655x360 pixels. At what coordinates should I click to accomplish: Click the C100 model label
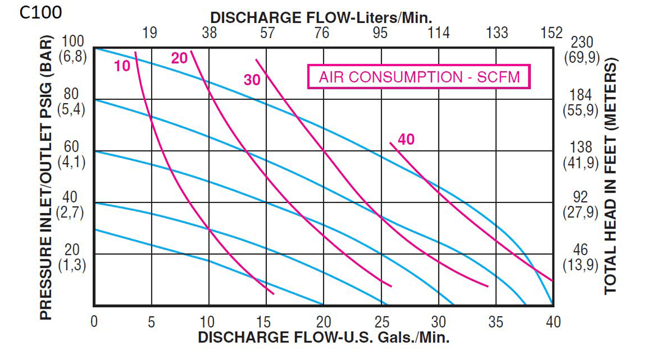pos(40,13)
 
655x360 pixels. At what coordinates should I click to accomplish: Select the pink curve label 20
pos(179,58)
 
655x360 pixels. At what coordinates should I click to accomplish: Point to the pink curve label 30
pos(252,80)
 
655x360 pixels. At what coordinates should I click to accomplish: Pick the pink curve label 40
pos(406,140)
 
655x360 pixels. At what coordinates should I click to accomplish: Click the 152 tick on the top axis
pos(551,33)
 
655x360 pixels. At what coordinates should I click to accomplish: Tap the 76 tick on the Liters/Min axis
pos(323,33)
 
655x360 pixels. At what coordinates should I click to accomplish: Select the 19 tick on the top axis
pos(150,33)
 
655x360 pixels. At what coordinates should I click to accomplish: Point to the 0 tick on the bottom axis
pos(94,322)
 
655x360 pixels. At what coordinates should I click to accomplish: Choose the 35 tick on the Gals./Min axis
pos(495,322)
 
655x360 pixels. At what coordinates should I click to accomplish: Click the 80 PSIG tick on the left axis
pos(71,94)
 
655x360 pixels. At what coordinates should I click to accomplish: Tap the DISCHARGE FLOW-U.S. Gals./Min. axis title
pos(324,337)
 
